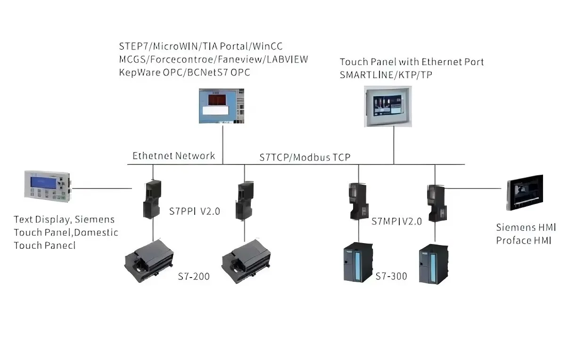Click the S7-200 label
tap(194, 277)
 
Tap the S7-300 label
tap(391, 276)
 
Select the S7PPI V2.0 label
tap(195, 211)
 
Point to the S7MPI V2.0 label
tap(396, 221)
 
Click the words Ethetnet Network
tap(173, 156)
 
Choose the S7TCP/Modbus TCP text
tap(305, 157)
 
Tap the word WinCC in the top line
tap(267, 46)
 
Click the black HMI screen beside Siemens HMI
tap(525, 193)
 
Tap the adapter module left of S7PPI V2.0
tap(152, 199)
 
